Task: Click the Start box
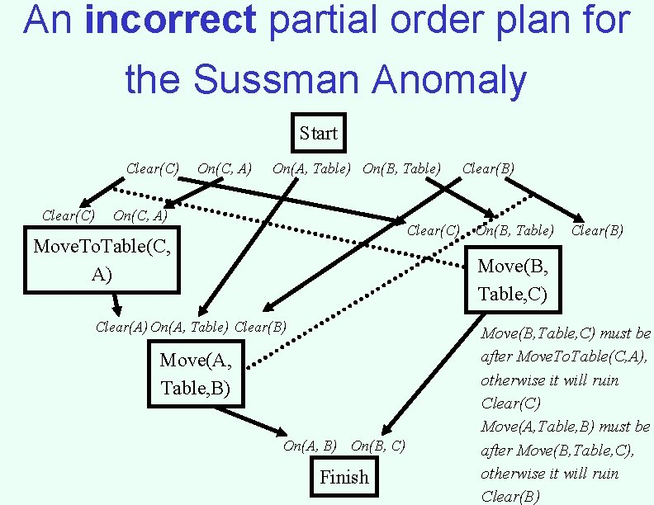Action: (319, 133)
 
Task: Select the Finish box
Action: (344, 477)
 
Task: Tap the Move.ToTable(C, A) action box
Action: (102, 261)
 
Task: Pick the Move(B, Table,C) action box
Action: (512, 281)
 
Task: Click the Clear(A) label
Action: (121, 327)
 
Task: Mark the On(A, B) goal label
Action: (310, 446)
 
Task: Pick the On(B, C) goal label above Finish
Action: (378, 446)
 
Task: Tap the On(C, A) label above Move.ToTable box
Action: (140, 216)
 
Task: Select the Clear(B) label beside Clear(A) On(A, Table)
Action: (261, 327)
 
